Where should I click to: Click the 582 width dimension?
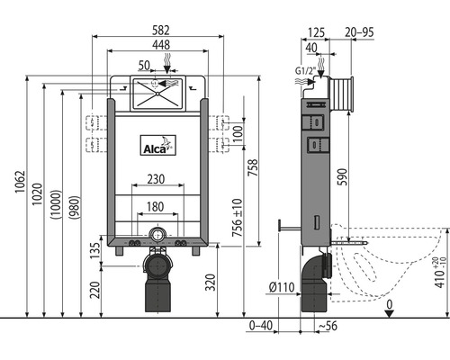click(161, 30)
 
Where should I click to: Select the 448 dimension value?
click(161, 45)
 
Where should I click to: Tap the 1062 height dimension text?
click(20, 182)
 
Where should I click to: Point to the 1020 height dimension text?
click(37, 194)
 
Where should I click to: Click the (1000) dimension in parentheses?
click(56, 203)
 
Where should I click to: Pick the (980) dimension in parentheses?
click(74, 207)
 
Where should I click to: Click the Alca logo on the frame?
click(158, 145)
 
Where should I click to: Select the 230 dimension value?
click(156, 179)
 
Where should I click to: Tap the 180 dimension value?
click(155, 207)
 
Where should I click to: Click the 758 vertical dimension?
click(253, 167)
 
